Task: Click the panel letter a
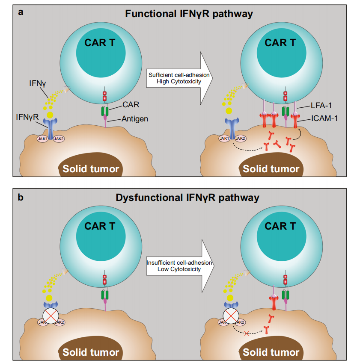click(x=20, y=12)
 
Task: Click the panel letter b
click(x=20, y=197)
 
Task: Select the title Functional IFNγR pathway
click(x=189, y=13)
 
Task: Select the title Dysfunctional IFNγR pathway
click(x=189, y=198)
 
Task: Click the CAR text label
click(x=130, y=104)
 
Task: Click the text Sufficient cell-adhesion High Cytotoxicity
click(x=179, y=78)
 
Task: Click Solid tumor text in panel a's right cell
click(x=271, y=168)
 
